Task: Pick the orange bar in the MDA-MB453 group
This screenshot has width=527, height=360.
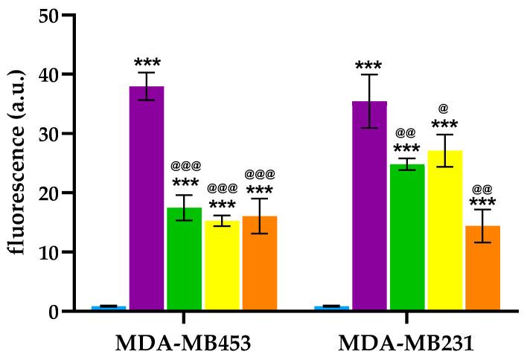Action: click(259, 263)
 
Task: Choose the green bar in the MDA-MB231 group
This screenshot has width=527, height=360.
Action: click(406, 237)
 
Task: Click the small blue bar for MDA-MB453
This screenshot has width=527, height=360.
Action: click(109, 308)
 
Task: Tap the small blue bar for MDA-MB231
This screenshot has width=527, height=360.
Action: click(332, 308)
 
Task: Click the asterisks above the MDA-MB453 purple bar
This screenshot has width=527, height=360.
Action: click(147, 62)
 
